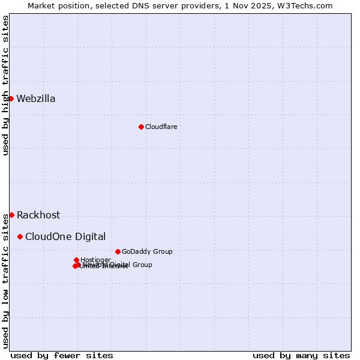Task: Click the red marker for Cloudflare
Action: (141, 127)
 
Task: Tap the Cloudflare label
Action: (161, 127)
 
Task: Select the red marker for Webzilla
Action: (11, 98)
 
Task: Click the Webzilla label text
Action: (36, 99)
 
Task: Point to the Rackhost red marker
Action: (11, 215)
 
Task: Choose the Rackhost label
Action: (38, 215)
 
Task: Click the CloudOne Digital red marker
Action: (20, 236)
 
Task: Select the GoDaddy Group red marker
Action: (118, 251)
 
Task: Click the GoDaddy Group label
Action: (147, 252)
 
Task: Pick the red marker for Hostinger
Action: (76, 260)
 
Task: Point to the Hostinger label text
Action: (95, 260)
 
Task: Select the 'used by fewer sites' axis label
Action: (62, 355)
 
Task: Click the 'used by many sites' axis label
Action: (301, 355)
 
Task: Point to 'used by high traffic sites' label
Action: (5, 85)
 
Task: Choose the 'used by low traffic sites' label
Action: (5, 280)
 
